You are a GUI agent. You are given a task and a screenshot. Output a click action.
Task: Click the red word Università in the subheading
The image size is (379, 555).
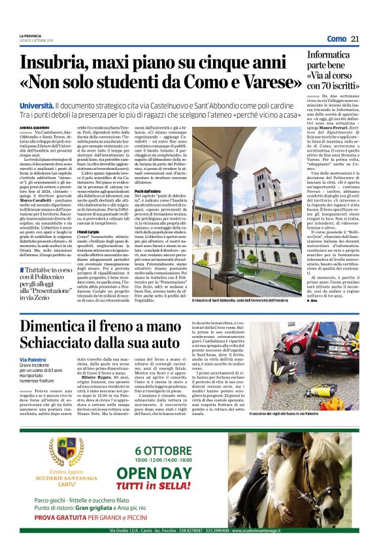click(x=37, y=105)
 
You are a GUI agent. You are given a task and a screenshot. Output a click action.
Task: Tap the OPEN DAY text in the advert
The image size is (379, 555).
click(x=172, y=474)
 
